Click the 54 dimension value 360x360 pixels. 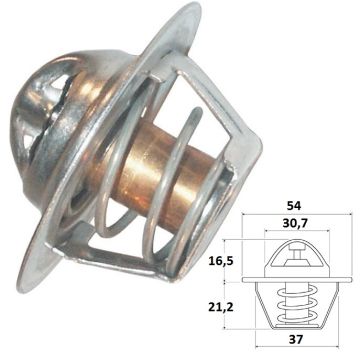click(294, 206)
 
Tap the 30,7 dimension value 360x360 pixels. click(295, 223)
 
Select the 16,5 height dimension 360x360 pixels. click(221, 260)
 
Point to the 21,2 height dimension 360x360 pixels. click(221, 307)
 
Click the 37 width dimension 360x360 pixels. click(296, 339)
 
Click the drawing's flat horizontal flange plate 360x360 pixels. click(297, 280)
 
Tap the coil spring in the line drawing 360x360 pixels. click(296, 305)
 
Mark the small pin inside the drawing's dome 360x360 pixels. click(296, 253)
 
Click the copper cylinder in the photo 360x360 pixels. click(157, 173)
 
